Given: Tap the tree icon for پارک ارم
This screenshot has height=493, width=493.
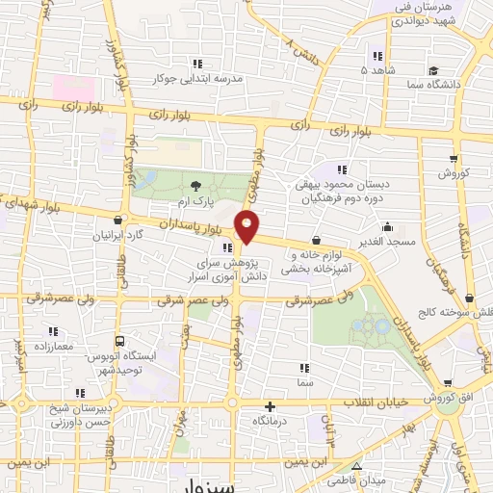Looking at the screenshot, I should point(196,186).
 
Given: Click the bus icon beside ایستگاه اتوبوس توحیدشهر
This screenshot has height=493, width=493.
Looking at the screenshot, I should point(118,341).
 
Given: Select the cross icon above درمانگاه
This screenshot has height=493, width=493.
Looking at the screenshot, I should point(271,407).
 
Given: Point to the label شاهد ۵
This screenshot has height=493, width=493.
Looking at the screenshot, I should point(376,70).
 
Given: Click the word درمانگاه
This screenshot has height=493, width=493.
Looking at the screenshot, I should point(271,423).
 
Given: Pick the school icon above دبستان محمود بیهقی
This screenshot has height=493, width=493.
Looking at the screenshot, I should point(339,170).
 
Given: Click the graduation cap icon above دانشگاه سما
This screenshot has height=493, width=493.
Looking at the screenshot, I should point(434,70).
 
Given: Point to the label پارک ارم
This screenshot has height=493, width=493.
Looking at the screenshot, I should point(196,203).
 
